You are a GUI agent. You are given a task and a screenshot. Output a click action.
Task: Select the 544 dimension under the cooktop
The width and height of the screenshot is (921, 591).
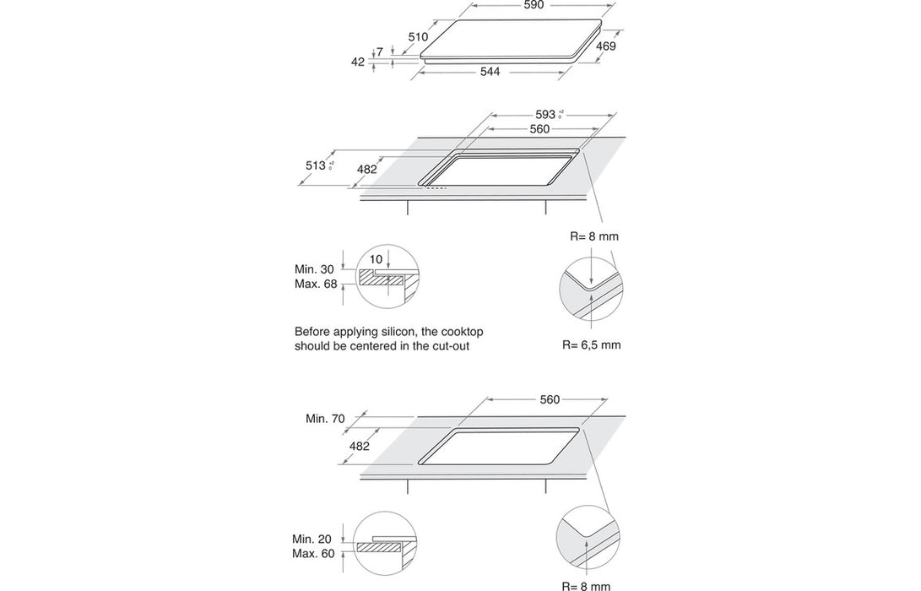pos(490,72)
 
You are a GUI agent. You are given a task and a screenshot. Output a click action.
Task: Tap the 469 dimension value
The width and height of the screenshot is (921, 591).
pos(605,46)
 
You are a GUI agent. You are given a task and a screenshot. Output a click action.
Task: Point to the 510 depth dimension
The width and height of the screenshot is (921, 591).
pos(418,36)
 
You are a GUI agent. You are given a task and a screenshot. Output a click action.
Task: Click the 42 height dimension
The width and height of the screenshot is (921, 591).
pos(357,62)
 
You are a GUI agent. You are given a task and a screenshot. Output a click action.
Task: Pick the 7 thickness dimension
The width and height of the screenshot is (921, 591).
pos(380,52)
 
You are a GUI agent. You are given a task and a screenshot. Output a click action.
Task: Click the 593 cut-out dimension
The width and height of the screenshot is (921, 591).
pos(546,114)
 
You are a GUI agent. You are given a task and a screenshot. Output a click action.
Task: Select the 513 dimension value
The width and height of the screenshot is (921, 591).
pos(316,165)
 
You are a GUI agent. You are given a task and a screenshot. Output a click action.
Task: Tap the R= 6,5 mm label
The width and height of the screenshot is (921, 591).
pos(591,344)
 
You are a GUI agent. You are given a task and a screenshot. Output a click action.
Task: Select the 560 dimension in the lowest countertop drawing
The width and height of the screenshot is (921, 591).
pos(550,399)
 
